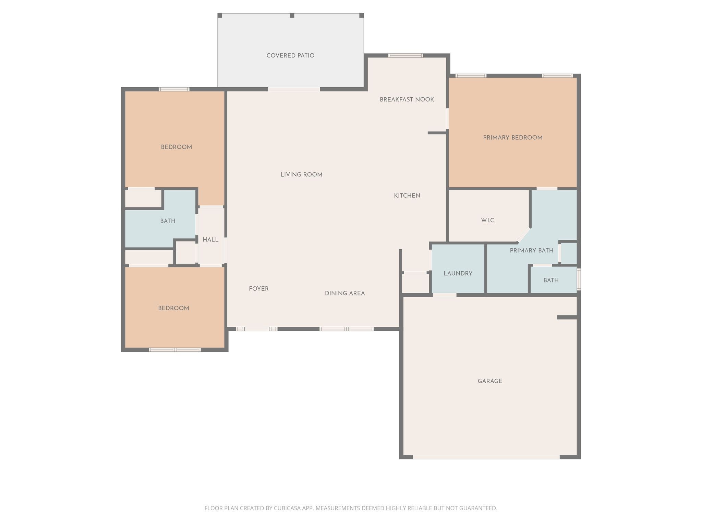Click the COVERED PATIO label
pyautogui.click(x=290, y=55)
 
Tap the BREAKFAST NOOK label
pyautogui.click(x=407, y=100)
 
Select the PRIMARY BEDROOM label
pyautogui.click(x=512, y=138)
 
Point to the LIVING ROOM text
pyautogui.click(x=301, y=175)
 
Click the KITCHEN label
pyautogui.click(x=407, y=196)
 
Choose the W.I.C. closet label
pyautogui.click(x=488, y=221)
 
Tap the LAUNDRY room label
pyautogui.click(x=458, y=274)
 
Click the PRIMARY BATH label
pyautogui.click(x=531, y=251)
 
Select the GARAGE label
pyautogui.click(x=490, y=381)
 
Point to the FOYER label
pyautogui.click(x=258, y=289)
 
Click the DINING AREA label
pyautogui.click(x=345, y=293)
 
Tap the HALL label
pyautogui.click(x=210, y=240)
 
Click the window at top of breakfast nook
pyautogui.click(x=406, y=55)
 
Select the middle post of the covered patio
pyautogui.click(x=292, y=16)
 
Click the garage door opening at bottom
pyautogui.click(x=486, y=457)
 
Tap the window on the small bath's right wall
pyautogui.click(x=579, y=279)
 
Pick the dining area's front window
pyautogui.click(x=346, y=329)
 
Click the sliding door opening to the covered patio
pyautogui.click(x=294, y=89)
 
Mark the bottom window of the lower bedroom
pyautogui.click(x=174, y=350)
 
